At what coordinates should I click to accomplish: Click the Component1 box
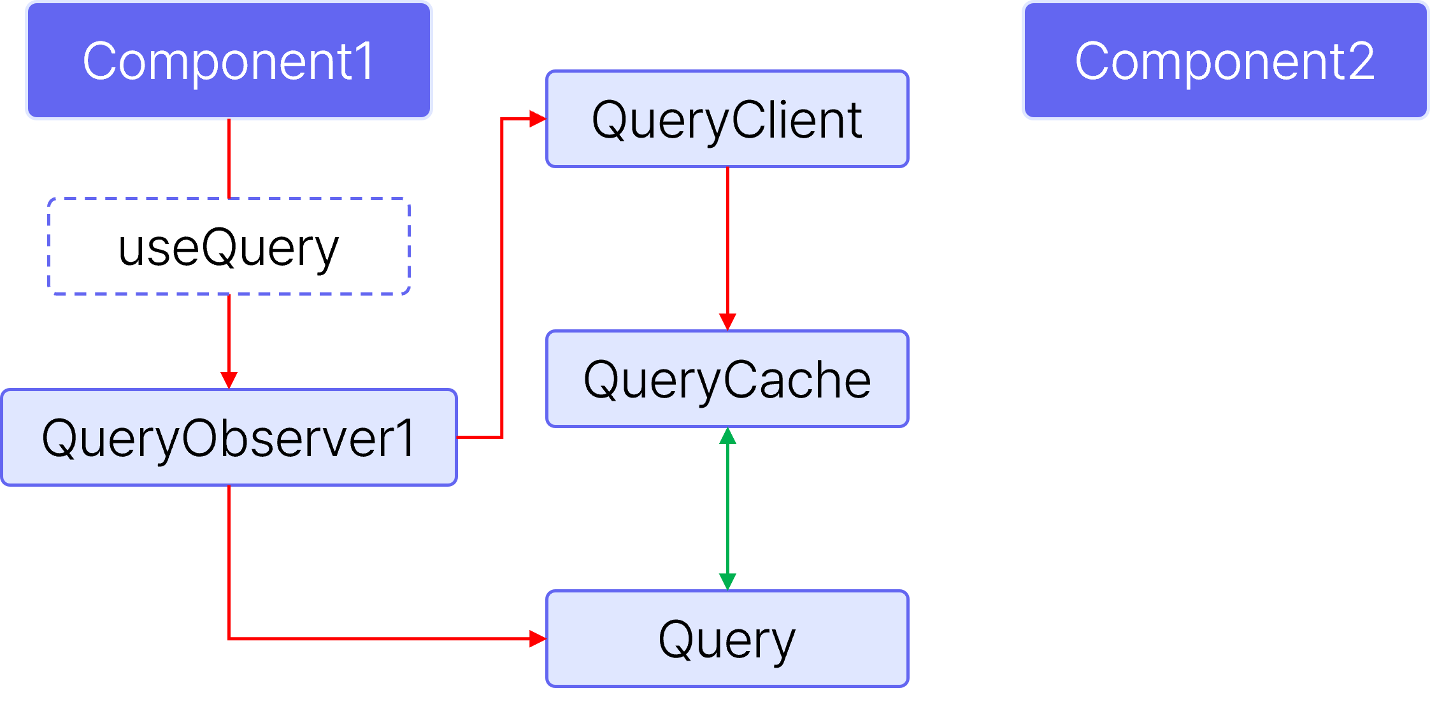coord(229,61)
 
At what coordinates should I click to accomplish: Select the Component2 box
coord(1225,61)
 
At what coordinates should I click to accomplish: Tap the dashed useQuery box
coord(229,247)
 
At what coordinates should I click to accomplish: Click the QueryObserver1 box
coord(229,438)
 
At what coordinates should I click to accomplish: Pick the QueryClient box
coord(727,119)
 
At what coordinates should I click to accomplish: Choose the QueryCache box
coord(727,379)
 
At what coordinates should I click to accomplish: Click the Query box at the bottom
coord(727,638)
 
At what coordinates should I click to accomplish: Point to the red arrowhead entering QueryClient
coord(538,118)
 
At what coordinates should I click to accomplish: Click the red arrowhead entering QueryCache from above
coord(727,321)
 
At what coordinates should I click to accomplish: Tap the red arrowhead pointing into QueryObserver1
coord(229,380)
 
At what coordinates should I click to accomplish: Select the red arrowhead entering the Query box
coord(538,638)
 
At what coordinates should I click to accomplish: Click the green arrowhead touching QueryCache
coord(727,436)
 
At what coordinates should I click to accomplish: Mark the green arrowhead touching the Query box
coord(727,581)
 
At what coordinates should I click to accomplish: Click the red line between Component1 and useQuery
coord(229,158)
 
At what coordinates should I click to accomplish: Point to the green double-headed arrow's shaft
coord(727,508)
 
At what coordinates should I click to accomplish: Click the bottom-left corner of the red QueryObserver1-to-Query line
coord(229,638)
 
